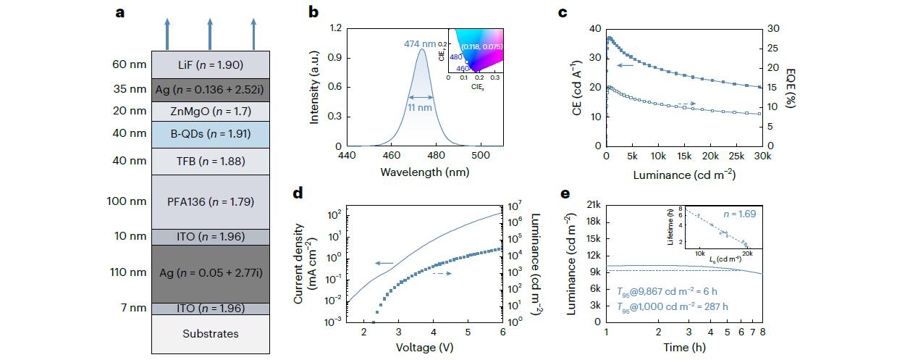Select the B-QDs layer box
pos(209,134)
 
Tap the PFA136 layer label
pos(209,201)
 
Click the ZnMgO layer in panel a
pos(209,111)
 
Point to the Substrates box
pos(209,334)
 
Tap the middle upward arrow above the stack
pos(209,34)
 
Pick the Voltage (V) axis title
pos(425,346)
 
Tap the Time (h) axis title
pos(683,346)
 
